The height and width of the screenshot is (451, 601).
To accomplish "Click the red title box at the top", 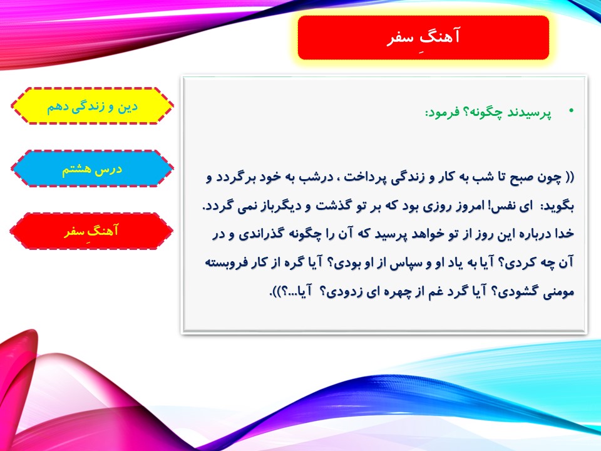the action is [x=423, y=38].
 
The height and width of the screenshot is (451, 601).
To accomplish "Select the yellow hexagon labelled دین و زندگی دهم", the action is [x=92, y=106].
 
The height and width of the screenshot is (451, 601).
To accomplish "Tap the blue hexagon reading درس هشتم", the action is [x=92, y=168].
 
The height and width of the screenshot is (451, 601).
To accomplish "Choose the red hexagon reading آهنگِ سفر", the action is [x=91, y=231].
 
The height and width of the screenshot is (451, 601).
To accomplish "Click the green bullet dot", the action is [x=572, y=111].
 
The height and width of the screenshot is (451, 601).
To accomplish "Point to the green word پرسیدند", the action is [x=530, y=113].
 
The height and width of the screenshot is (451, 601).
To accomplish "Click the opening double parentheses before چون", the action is [x=569, y=177].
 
